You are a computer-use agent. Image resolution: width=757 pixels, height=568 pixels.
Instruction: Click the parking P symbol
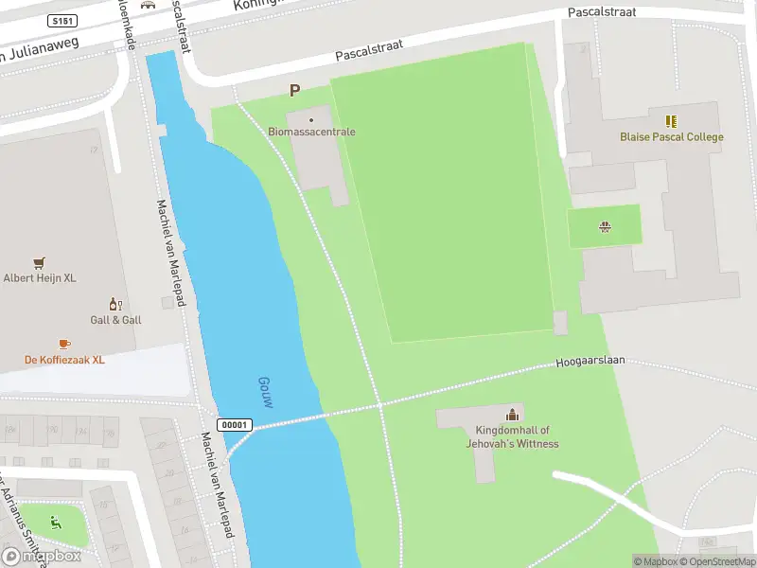294,91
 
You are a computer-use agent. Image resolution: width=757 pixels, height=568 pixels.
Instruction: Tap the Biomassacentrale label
311,132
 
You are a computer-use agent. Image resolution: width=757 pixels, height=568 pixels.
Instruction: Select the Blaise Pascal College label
671,137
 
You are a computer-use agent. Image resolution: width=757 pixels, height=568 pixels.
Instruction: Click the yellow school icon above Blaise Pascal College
671,121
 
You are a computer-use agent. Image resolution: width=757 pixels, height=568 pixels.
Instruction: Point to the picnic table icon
604,225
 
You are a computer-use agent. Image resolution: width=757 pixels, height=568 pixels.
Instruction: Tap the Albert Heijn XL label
39,277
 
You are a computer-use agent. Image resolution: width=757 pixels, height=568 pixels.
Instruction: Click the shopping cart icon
39,262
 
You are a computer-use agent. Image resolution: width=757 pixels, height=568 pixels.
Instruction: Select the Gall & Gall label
115,320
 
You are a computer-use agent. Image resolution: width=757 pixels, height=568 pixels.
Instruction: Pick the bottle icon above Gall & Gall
115,304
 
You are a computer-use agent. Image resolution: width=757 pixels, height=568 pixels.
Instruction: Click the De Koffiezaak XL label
64,360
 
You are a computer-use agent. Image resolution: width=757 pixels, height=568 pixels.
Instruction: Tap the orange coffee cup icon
64,344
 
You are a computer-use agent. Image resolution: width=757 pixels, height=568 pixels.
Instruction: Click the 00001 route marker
236,425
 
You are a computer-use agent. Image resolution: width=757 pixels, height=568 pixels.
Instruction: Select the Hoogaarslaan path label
590,363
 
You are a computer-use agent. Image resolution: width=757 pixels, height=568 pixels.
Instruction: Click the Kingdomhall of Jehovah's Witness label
512,436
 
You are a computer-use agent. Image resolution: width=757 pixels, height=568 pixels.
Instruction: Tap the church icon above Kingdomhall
512,414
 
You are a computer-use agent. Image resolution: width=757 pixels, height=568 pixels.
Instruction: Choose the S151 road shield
62,20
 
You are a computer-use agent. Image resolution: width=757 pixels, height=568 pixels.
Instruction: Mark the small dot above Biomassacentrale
311,119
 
